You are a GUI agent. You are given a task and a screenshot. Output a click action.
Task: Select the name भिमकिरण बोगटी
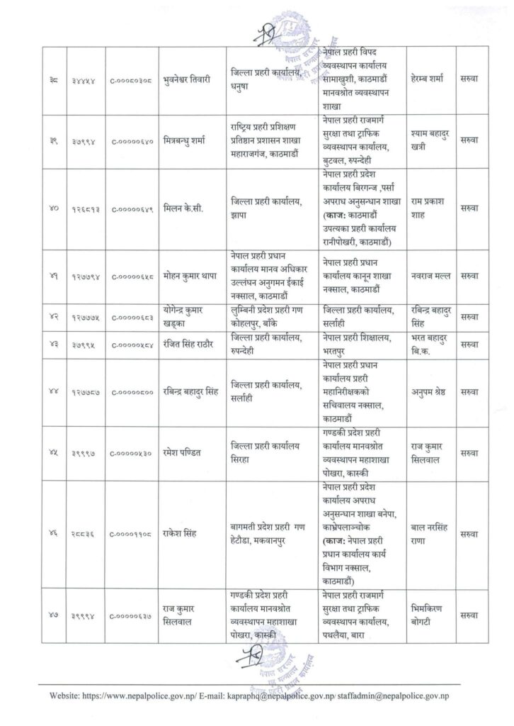click(x=431, y=609)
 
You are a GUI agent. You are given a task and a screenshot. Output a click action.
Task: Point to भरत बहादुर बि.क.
click(x=431, y=345)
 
